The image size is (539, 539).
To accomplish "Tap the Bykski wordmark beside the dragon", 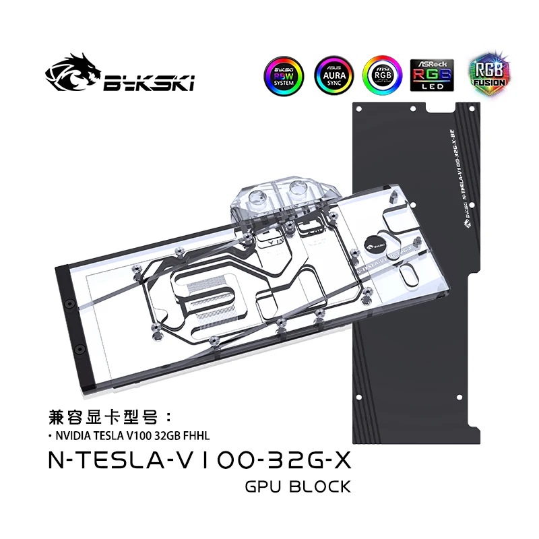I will [149, 84].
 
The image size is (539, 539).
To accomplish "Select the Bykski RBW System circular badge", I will [282, 75].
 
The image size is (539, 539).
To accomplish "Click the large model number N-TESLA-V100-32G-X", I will [199, 461].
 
